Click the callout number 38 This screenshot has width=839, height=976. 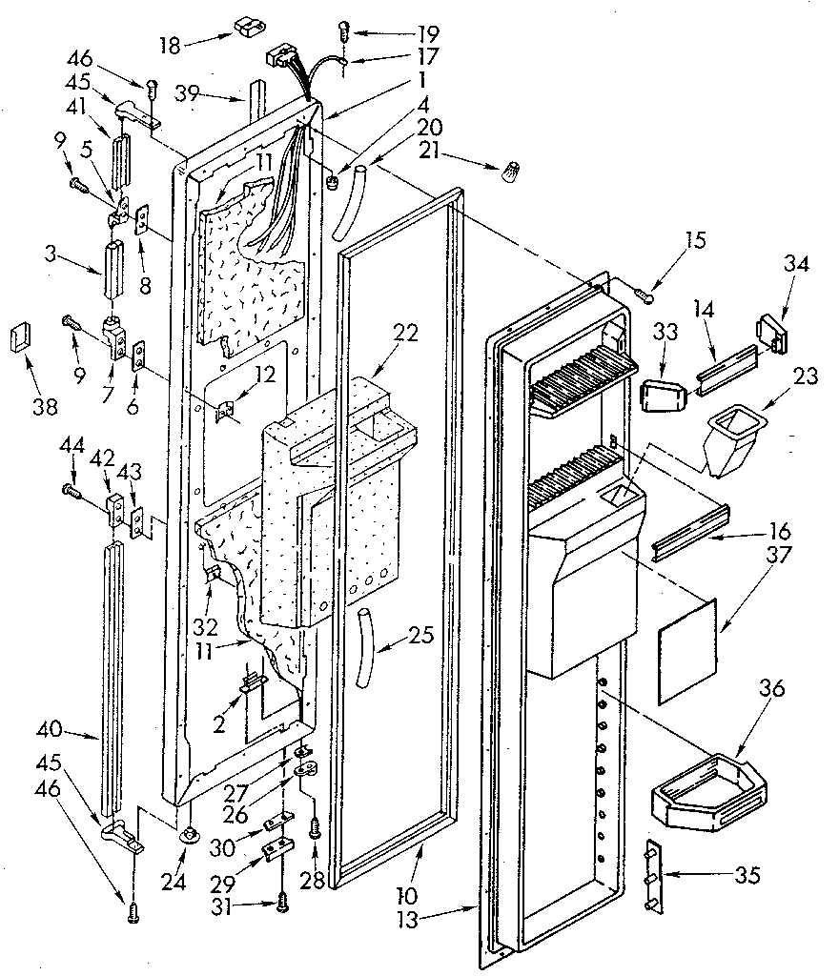click(x=44, y=407)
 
